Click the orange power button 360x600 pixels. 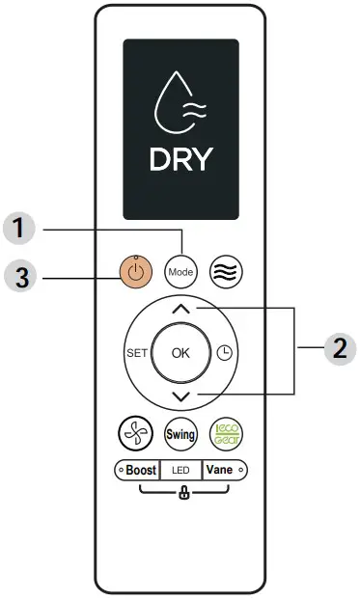click(136, 272)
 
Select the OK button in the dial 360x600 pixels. click(181, 353)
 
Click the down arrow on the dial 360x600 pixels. click(181, 396)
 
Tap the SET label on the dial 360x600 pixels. click(136, 353)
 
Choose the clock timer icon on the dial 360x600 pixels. click(225, 353)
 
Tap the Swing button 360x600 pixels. click(181, 435)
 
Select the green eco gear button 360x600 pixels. click(227, 435)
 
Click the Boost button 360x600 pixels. click(135, 470)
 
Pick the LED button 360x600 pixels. click(181, 470)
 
